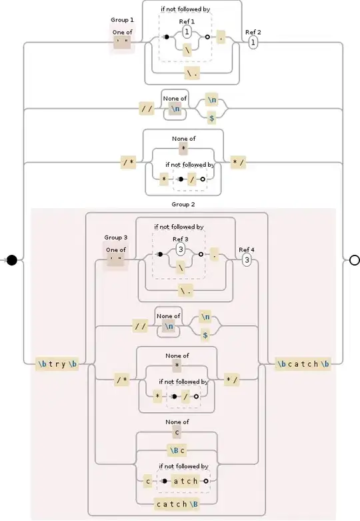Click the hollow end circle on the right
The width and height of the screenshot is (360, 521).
[x=354, y=259]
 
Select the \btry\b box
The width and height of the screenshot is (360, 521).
[x=58, y=364]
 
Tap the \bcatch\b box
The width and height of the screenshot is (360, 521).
[x=303, y=364]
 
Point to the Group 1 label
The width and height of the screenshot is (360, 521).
[x=122, y=21]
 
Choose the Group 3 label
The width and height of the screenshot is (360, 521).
[x=115, y=237]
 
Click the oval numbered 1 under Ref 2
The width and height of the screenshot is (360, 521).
[x=253, y=43]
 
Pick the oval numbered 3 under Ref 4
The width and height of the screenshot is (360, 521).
[x=247, y=260]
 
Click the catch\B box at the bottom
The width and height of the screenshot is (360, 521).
[x=177, y=503]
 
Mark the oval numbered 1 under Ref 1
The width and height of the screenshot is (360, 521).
[x=187, y=31]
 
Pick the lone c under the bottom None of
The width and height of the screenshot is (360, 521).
[x=178, y=432]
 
